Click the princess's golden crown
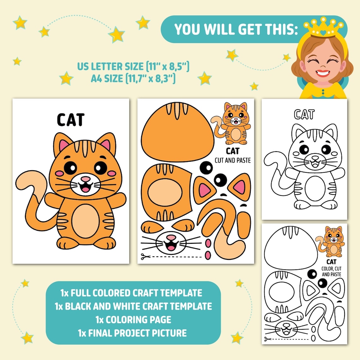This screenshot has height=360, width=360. [x=323, y=29]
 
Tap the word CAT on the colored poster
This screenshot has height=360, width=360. [x=71, y=120]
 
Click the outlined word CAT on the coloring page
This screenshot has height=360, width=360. [x=304, y=114]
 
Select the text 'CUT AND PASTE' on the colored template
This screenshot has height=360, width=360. [x=233, y=160]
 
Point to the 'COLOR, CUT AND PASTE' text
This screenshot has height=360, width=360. [x=331, y=271]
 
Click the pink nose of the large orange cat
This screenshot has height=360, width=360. [x=85, y=179]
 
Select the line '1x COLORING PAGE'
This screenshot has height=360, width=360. [x=133, y=320]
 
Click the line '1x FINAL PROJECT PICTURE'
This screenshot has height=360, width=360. [x=133, y=333]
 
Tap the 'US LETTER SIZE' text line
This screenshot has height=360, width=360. [x=133, y=67]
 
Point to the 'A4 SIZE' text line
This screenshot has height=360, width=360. [x=133, y=78]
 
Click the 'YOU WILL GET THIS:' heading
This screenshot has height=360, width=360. [x=236, y=29]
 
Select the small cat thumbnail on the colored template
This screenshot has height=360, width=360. [x=234, y=123]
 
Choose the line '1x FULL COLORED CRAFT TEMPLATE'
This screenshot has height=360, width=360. [x=131, y=293]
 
